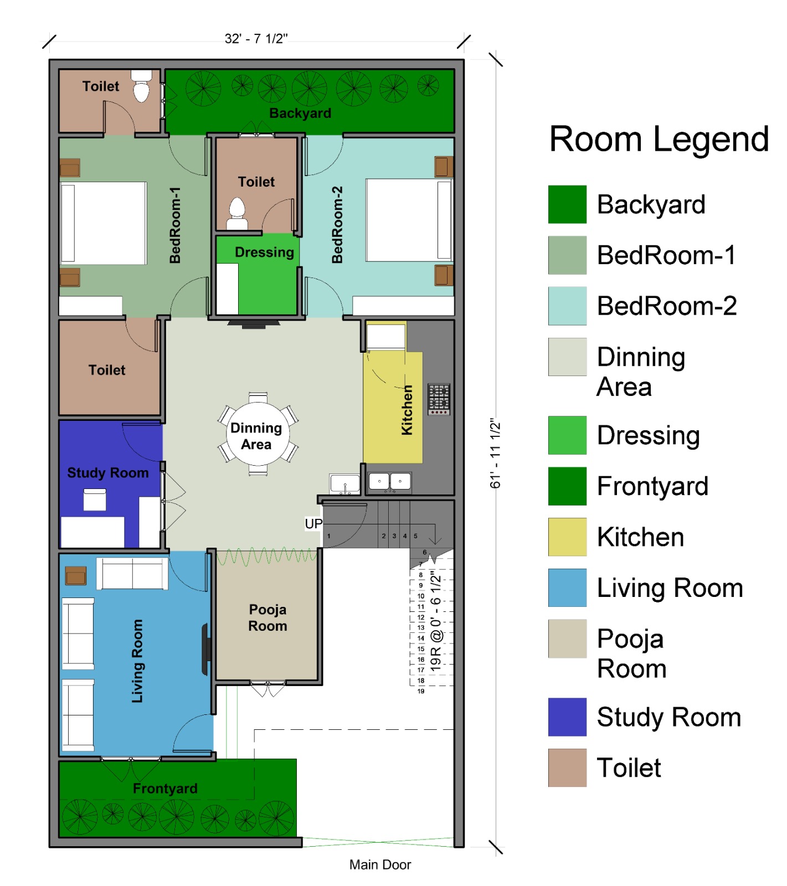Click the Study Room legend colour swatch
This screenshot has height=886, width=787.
tap(567, 717)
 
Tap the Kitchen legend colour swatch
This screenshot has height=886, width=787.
tap(567, 537)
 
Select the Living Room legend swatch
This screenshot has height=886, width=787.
tap(567, 588)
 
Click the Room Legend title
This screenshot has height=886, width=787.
tap(659, 139)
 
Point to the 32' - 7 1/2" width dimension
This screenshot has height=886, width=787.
tap(256, 39)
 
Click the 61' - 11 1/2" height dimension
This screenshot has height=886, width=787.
tap(495, 453)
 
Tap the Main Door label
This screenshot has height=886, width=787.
tap(380, 864)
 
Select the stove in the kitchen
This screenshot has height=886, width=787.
tap(439, 399)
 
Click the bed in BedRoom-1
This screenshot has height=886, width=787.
tap(104, 223)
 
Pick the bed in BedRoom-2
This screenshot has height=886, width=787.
tap(409, 220)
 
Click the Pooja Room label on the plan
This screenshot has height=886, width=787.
tap(268, 617)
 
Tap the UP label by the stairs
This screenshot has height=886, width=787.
tap(313, 524)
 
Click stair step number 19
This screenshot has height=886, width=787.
tap(421, 691)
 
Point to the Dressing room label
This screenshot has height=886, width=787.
tap(264, 253)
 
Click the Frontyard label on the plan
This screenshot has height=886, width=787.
tap(165, 789)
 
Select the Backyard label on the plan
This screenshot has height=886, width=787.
tap(300, 114)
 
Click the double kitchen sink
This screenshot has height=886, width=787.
tap(390, 481)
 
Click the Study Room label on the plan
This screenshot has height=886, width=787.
tap(108, 473)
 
